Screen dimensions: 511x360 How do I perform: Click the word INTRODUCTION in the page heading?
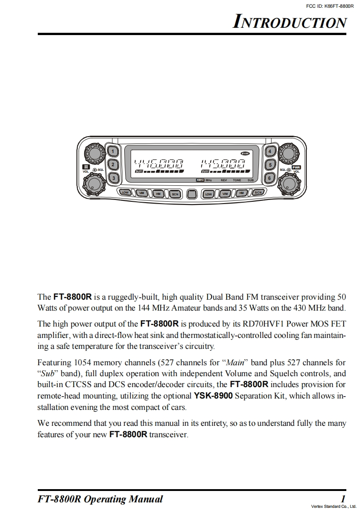289,22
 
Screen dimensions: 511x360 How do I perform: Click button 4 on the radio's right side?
270,151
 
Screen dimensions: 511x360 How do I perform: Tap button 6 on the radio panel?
270,178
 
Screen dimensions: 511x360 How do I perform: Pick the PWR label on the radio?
296,167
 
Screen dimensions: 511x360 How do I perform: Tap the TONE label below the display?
237,180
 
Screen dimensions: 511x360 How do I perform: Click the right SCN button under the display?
258,193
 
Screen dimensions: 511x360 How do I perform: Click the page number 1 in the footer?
343,499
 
